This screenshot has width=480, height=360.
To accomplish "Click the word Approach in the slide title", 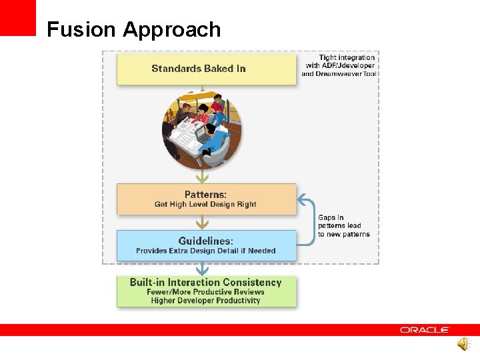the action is point(172,31).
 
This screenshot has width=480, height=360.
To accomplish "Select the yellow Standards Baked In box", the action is point(206,69).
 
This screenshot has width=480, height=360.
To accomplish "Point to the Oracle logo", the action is point(425,330).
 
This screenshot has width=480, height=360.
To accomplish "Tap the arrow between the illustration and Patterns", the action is point(202,176).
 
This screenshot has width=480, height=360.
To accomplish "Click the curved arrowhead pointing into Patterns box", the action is point(301,199).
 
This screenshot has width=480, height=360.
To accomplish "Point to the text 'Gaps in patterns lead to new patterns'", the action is point(343,226).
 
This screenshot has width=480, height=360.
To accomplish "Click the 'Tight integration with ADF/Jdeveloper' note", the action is point(341,61).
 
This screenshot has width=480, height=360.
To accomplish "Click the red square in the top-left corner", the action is point(17,17).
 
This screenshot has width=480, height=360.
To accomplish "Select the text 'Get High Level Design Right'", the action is point(205,205).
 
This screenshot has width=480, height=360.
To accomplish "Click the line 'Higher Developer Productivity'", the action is point(205,301).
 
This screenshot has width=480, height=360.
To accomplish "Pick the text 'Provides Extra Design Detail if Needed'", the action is point(205,251).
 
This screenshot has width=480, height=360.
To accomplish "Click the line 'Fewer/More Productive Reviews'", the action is point(205,292).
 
